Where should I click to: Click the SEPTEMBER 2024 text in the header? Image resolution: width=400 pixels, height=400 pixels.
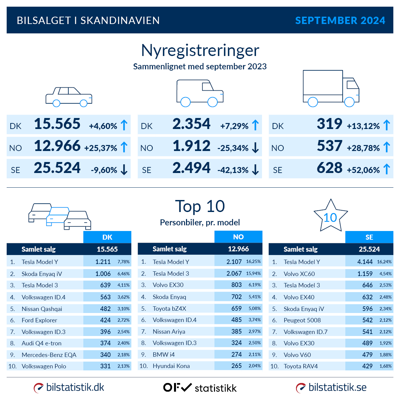(340, 21)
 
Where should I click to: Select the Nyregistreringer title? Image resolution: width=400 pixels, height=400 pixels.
(200, 51)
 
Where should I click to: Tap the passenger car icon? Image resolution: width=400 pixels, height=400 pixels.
(69, 97)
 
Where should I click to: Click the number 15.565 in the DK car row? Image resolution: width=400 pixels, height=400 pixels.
(57, 124)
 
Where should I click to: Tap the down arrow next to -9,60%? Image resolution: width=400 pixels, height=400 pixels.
(124, 170)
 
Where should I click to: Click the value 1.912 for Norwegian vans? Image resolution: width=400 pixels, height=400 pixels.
(192, 146)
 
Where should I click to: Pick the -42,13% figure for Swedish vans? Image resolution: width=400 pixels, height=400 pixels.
(233, 170)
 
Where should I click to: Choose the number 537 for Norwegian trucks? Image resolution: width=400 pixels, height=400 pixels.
(329, 146)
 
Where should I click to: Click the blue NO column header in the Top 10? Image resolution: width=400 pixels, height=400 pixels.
(238, 237)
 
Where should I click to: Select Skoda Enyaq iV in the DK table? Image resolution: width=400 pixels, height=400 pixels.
(42, 274)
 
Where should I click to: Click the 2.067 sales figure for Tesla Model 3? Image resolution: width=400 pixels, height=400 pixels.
(234, 273)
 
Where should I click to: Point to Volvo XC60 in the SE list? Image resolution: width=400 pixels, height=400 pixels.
(299, 274)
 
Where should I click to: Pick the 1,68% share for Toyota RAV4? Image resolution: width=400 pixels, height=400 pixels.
(385, 366)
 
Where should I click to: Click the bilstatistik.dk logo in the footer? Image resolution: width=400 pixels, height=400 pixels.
(69, 388)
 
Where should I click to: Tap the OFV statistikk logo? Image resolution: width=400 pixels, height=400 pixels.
(200, 388)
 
